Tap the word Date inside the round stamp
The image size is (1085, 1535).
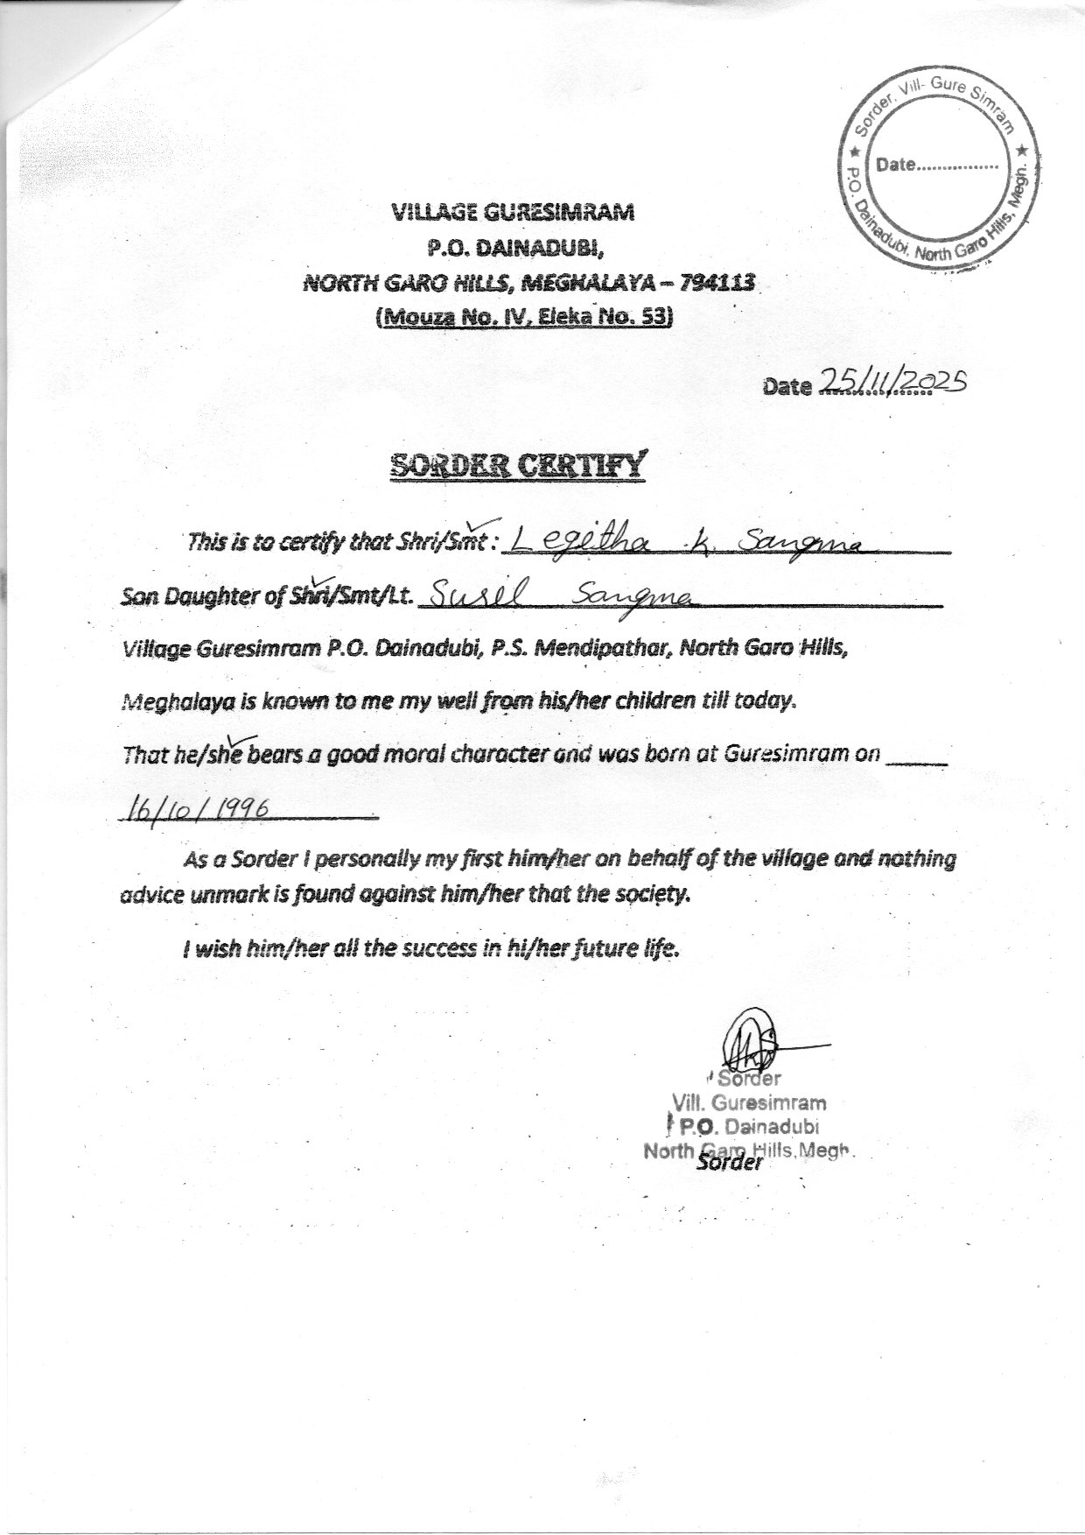coord(895,164)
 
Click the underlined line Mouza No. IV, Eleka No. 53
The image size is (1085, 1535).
coord(523,318)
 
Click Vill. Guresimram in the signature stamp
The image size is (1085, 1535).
coord(747,1102)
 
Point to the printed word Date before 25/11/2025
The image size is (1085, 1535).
coord(787,386)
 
